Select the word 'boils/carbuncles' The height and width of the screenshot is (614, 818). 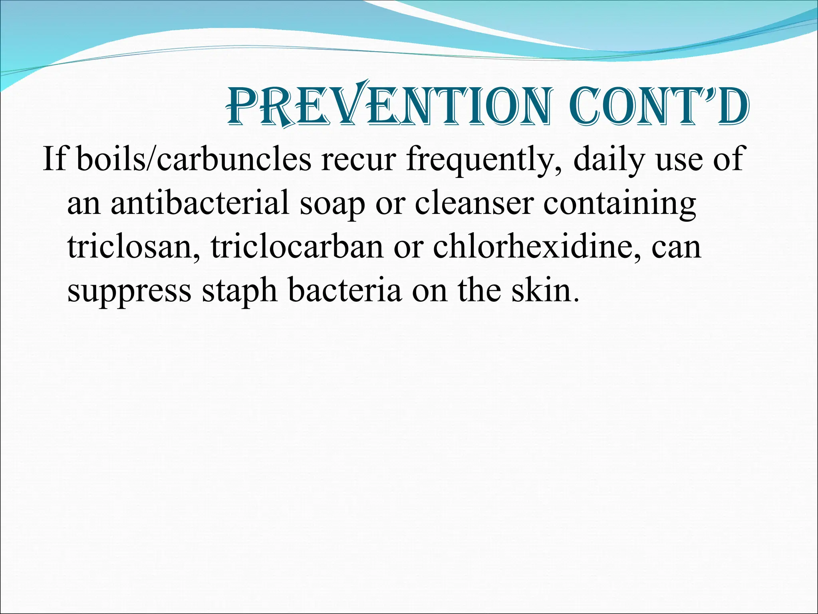tap(194, 159)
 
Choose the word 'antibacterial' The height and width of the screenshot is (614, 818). tap(200, 203)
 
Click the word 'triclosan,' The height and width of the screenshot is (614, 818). tap(134, 247)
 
